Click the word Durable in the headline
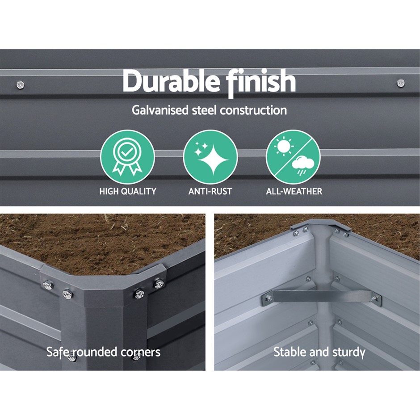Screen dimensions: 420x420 [x=171, y=82]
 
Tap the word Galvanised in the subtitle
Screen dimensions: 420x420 [x=160, y=110]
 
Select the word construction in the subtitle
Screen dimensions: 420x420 [x=253, y=110]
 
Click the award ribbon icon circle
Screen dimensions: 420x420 [x=127, y=156]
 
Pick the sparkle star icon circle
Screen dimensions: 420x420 [x=210, y=157]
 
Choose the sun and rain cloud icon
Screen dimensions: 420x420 [x=293, y=157]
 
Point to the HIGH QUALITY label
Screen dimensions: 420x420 [x=128, y=191]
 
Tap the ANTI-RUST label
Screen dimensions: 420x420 [x=210, y=191]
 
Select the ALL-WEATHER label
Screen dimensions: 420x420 [x=294, y=191]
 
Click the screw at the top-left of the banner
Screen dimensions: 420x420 [x=20, y=85]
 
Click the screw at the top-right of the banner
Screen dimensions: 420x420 [x=400, y=83]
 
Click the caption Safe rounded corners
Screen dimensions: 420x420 [x=103, y=352]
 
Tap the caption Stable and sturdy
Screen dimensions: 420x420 [x=319, y=352]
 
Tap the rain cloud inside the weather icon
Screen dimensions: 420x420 [x=302, y=164]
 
